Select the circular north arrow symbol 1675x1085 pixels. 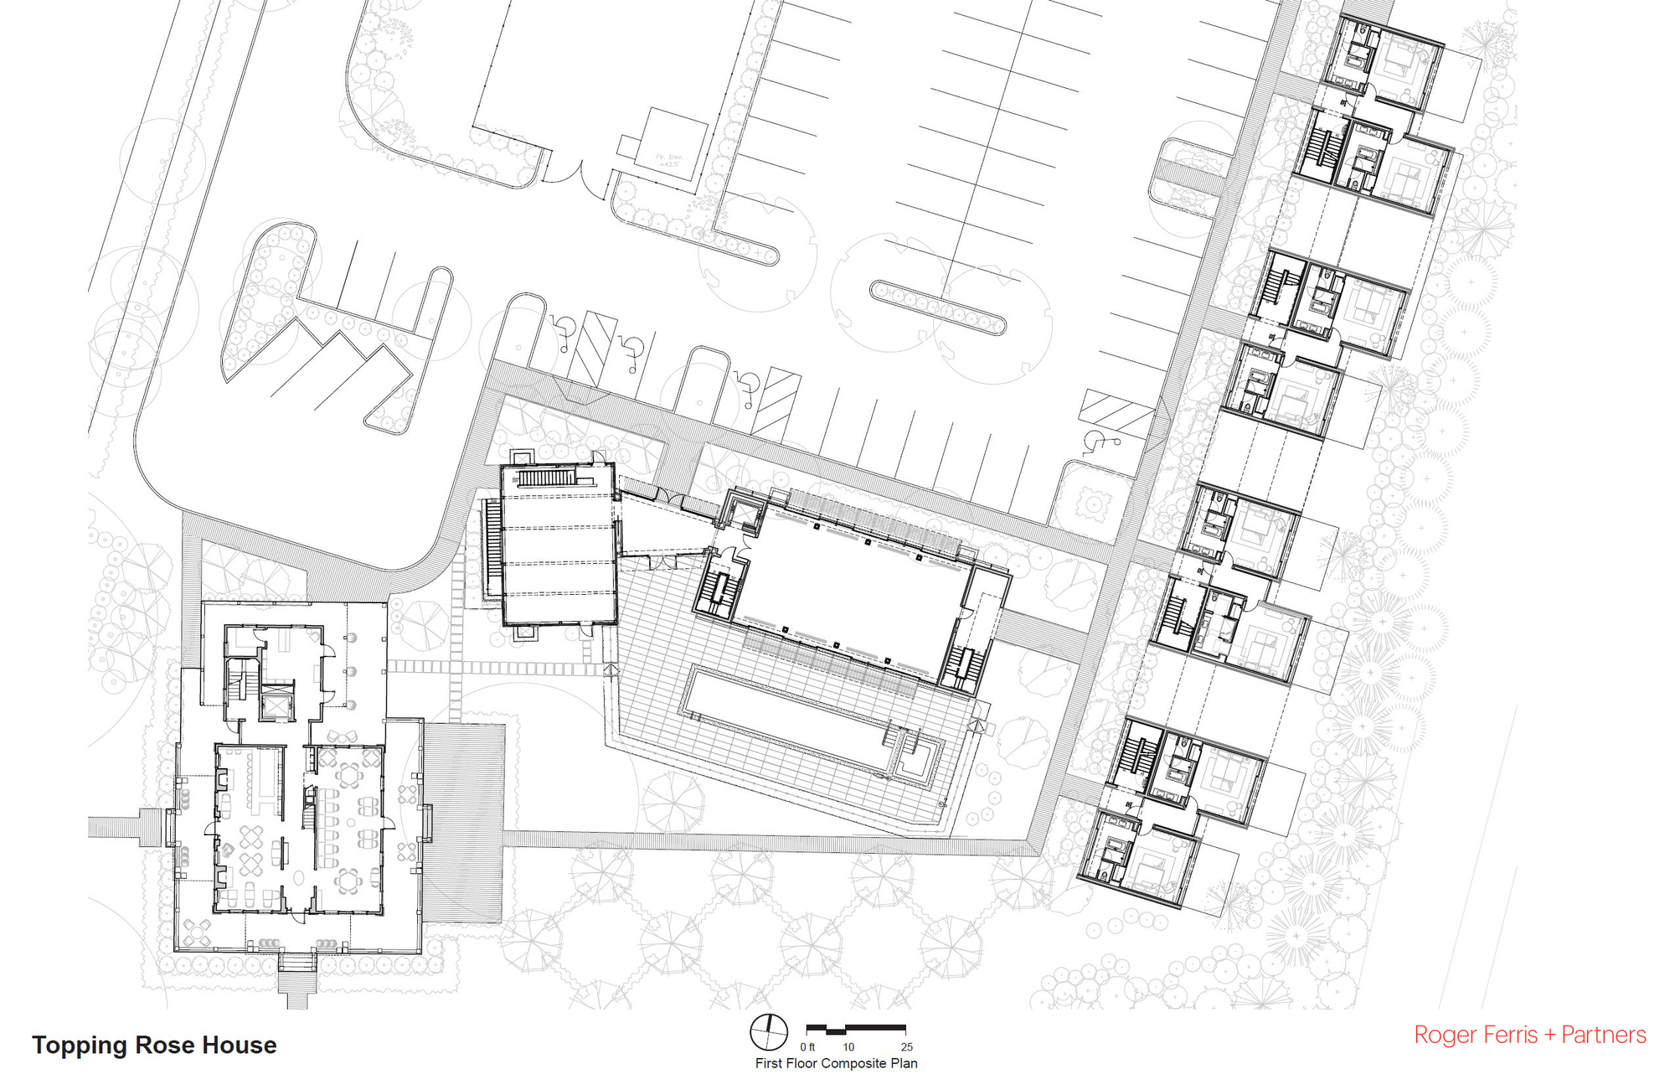(768, 1031)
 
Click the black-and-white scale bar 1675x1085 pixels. (855, 1028)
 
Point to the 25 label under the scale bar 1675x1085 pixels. (906, 1047)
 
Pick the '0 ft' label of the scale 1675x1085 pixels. (807, 1047)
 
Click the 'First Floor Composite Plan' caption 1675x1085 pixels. (836, 1063)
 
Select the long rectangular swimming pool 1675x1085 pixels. (787, 717)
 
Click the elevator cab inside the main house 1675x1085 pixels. (276, 705)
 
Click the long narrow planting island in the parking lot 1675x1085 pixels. (937, 307)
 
